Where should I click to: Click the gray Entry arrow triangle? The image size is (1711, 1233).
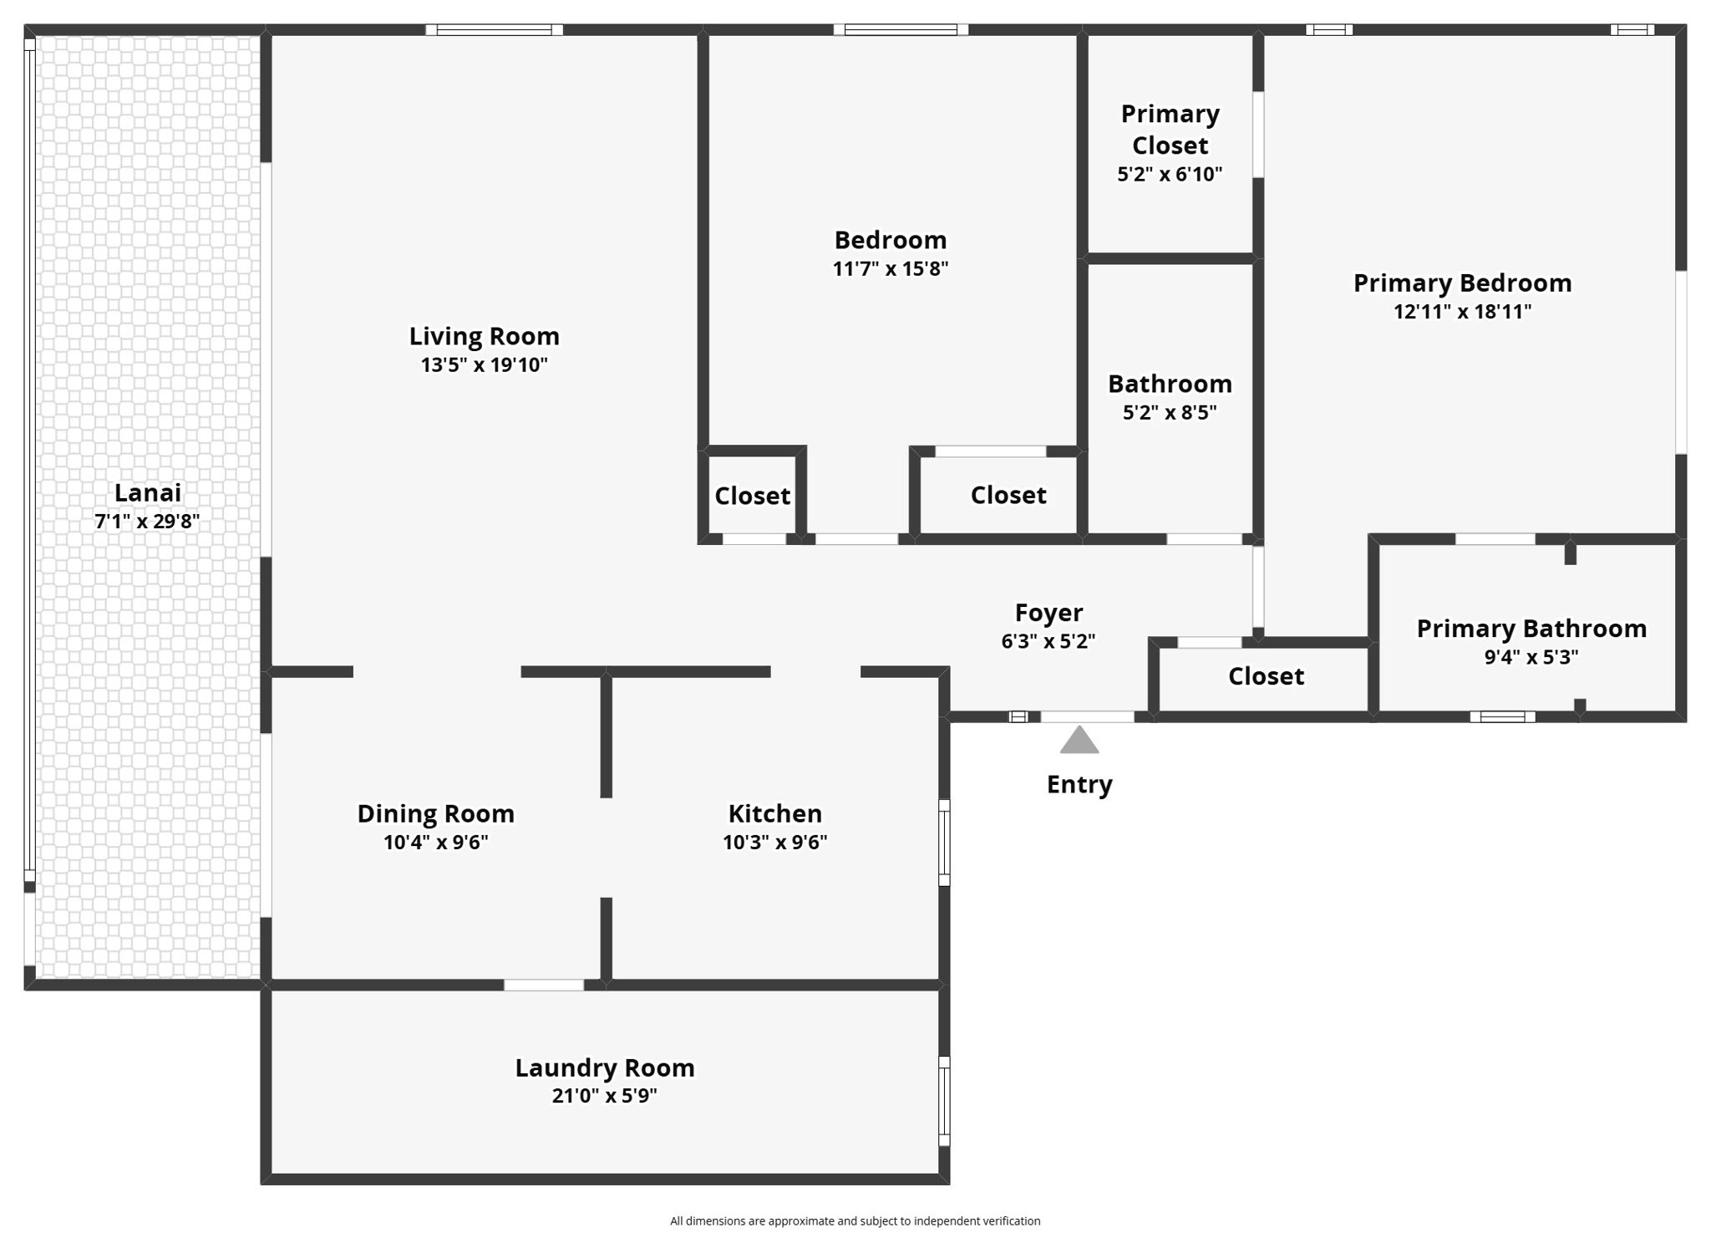(1079, 741)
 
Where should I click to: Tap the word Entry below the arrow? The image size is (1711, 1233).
(1079, 784)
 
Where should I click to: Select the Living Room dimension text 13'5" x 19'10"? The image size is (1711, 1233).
(484, 364)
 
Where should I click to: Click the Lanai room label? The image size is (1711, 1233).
(147, 492)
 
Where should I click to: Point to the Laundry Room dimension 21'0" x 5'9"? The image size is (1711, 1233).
(604, 1095)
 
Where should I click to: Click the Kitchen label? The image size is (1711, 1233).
(774, 813)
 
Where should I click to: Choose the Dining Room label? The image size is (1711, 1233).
(435, 813)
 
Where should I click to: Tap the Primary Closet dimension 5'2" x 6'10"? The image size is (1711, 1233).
(1169, 174)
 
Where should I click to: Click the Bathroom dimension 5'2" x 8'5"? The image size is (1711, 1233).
(1169, 412)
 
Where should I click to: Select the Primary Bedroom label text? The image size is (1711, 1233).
(1462, 283)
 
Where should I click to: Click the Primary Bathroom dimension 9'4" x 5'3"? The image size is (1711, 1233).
(1531, 657)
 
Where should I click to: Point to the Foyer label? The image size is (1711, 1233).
(1048, 613)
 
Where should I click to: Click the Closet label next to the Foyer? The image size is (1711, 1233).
(1265, 675)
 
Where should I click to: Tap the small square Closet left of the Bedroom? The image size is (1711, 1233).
(752, 496)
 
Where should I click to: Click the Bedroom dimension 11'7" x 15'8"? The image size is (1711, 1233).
(890, 268)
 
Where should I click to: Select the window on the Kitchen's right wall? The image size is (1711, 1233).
(944, 842)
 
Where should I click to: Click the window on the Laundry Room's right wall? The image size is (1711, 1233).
(944, 1100)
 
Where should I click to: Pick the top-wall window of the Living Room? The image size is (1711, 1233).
(494, 30)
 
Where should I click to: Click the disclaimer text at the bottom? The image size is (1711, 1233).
(855, 1220)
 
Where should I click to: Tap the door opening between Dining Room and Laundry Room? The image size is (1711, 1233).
(543, 985)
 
